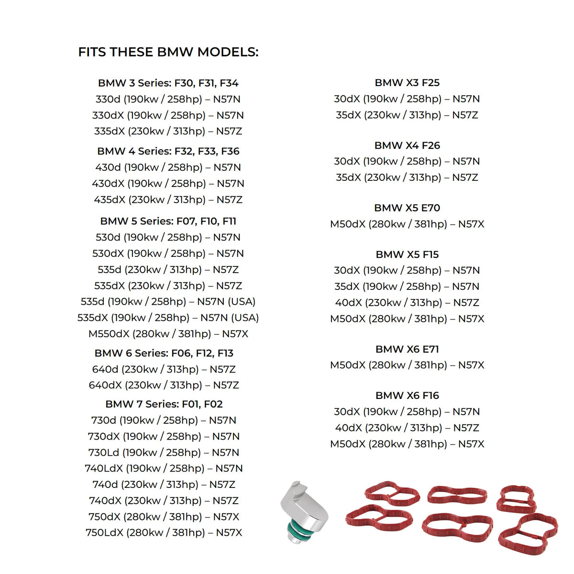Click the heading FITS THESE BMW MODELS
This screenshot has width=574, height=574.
[168, 52]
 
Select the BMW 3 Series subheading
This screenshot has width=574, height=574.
[168, 83]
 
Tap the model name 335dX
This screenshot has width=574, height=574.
[109, 131]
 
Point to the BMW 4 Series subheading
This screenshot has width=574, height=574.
[168, 151]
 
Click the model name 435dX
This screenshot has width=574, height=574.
[109, 199]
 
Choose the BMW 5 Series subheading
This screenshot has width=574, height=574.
[168, 221]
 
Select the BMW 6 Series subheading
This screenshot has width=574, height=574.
[164, 353]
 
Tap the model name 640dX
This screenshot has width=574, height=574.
[105, 385]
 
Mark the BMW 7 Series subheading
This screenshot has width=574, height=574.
[164, 404]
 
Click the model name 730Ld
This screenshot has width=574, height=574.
[104, 453]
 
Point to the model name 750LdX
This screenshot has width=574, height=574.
[104, 533]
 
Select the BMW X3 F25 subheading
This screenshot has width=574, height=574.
[407, 83]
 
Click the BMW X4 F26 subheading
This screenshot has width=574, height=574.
[407, 145]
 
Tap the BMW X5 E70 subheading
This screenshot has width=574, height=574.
[407, 208]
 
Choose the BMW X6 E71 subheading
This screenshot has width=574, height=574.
[407, 349]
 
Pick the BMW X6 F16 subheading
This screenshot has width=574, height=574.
[407, 396]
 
